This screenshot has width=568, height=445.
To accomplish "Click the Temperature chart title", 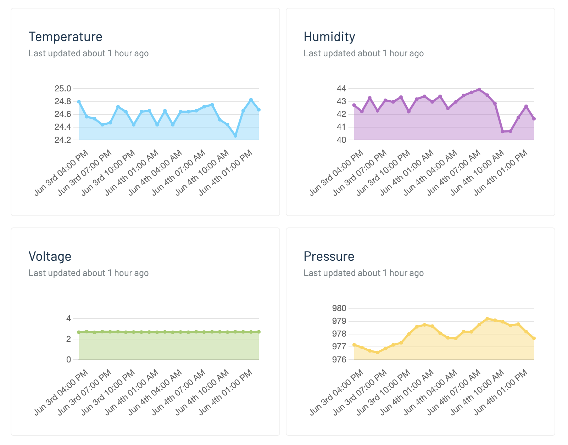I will [65, 37].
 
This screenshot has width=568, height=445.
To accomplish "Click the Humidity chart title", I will [329, 37].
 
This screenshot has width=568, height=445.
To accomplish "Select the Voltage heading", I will [50, 257].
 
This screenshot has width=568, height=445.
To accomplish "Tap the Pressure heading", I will [329, 257].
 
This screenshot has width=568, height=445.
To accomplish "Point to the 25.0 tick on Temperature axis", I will [62, 89].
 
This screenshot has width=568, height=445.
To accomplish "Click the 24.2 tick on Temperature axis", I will [62, 140].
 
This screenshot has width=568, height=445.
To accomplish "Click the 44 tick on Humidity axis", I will [341, 89].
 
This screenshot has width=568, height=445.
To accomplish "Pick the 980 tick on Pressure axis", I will [339, 308].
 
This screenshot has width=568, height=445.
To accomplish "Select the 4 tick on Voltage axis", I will [68, 319].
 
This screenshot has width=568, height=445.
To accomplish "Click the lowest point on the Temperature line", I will [235, 136].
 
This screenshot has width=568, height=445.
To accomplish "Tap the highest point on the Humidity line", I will [479, 89].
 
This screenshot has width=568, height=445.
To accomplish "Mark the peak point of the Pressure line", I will [487, 319].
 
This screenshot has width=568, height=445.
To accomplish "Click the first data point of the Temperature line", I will [79, 102].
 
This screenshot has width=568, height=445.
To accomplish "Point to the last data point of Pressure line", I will [534, 338].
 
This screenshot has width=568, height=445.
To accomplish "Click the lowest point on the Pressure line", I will [378, 353].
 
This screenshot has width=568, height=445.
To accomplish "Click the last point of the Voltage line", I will [259, 332].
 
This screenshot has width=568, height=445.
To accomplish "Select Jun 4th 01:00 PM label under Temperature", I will [226, 172].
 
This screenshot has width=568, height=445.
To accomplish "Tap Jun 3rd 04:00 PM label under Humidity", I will [337, 172].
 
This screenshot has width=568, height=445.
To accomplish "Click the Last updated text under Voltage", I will [88, 273].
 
